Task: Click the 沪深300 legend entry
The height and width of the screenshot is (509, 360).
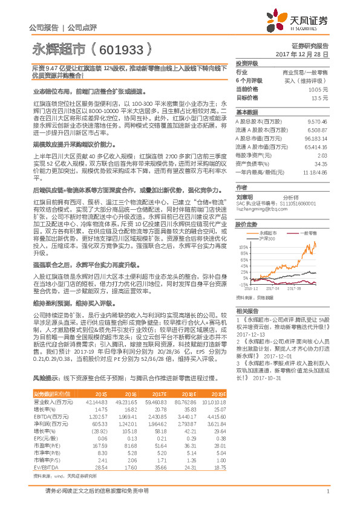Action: [x=269, y=222]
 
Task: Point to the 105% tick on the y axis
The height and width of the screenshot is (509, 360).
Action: [x=243, y=230]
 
